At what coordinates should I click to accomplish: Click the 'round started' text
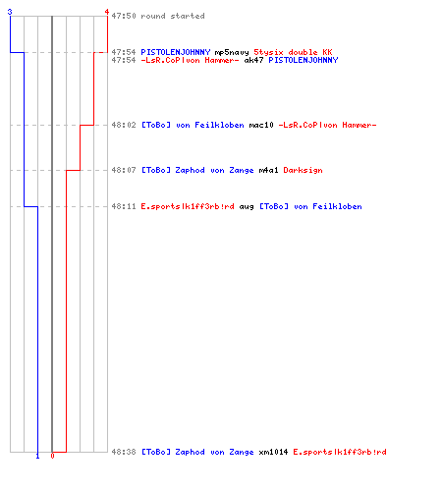173,16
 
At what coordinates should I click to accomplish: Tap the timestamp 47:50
124,16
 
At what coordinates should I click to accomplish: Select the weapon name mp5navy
232,52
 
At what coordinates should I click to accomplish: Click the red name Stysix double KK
293,52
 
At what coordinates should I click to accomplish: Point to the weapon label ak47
253,60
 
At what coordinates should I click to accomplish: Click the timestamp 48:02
124,125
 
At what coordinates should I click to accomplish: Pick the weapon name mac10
261,125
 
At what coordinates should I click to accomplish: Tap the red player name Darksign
303,170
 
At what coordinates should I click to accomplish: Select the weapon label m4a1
268,170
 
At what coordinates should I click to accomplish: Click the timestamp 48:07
124,170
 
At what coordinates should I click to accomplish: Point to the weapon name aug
247,207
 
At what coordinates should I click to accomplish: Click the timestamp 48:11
124,206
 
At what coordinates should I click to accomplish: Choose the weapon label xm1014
273,452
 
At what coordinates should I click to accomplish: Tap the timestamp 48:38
124,452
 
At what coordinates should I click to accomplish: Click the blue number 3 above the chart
10,12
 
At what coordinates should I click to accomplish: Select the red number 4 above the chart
107,12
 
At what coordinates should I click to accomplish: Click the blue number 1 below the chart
37,456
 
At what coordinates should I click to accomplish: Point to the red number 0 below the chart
52,456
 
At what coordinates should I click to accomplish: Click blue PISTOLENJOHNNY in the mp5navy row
176,52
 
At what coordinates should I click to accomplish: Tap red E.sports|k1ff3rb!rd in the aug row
188,207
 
